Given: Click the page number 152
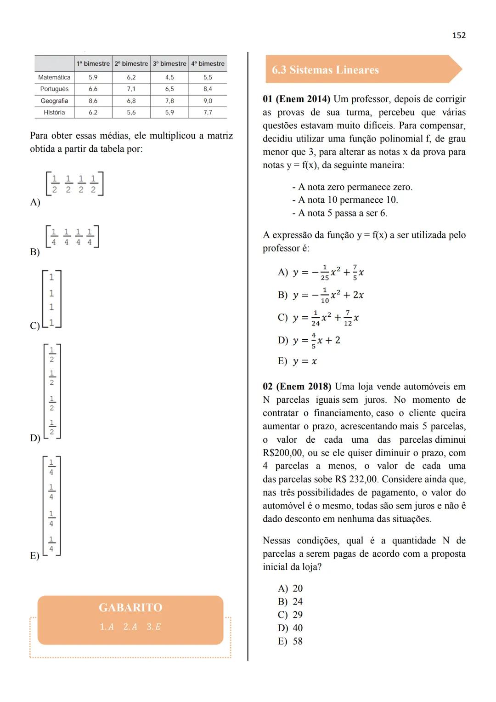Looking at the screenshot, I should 459,35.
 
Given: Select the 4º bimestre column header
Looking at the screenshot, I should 208,64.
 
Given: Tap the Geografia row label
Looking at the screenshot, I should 54,101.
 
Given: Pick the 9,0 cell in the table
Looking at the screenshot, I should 208,101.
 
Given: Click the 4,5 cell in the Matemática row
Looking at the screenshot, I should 169,78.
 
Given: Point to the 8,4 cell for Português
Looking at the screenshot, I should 208,89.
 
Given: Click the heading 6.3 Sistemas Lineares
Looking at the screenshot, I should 325,70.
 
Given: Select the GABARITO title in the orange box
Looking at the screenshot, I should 130,608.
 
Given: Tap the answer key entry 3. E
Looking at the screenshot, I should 154,627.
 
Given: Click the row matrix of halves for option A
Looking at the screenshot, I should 74,184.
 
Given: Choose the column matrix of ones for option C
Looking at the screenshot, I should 51,299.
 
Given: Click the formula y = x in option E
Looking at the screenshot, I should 305,361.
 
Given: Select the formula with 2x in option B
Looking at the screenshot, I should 328,295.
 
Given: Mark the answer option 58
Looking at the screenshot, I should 298,641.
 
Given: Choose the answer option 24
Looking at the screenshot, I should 298,602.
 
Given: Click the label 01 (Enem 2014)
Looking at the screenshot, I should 296,99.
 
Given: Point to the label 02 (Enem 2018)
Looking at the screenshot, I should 296,387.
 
